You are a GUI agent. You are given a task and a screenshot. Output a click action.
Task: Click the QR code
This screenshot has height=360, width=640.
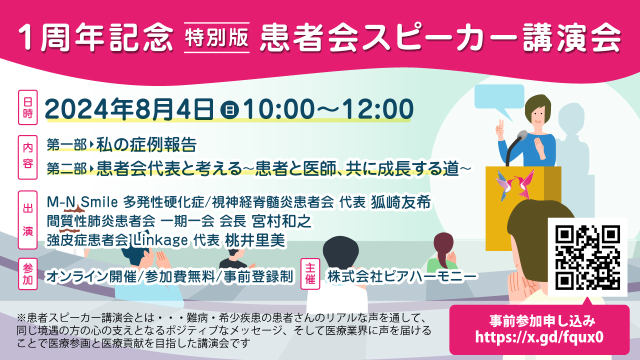[587, 257]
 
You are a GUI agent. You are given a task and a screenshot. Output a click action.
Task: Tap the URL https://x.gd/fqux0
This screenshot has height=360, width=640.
[539, 337]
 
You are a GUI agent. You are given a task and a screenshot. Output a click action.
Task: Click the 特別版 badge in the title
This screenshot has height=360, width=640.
[216, 37]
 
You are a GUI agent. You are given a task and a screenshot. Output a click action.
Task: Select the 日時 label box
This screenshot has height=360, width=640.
[27, 107]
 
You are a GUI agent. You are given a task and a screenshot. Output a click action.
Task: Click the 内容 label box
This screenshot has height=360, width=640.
[27, 157]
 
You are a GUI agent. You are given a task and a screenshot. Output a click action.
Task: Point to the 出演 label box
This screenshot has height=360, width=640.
[27, 219]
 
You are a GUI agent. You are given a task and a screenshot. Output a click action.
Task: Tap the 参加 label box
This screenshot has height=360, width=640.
[27, 273]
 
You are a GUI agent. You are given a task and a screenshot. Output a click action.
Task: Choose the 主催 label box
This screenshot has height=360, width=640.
[310, 273]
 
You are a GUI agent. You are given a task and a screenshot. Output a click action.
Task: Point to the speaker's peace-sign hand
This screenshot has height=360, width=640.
[500, 130]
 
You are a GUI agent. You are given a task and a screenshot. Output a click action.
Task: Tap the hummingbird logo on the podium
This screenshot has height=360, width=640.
[515, 185]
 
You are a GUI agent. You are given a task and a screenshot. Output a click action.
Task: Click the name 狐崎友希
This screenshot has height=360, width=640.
[401, 202]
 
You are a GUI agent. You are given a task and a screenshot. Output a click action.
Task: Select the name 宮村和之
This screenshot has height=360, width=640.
[281, 221]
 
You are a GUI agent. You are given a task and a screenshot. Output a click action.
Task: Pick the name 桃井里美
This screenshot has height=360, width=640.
[255, 240]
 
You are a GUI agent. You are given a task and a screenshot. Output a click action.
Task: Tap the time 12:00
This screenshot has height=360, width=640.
[378, 109]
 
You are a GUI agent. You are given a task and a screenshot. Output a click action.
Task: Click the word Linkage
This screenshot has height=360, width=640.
[160, 240]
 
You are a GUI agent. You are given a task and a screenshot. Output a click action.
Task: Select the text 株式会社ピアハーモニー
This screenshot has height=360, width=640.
[402, 276]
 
